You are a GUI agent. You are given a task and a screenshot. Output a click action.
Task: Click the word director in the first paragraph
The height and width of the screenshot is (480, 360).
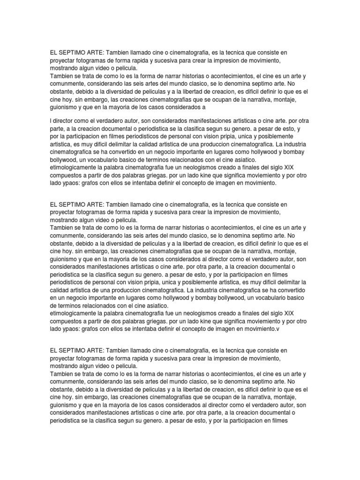coord(66,121)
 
